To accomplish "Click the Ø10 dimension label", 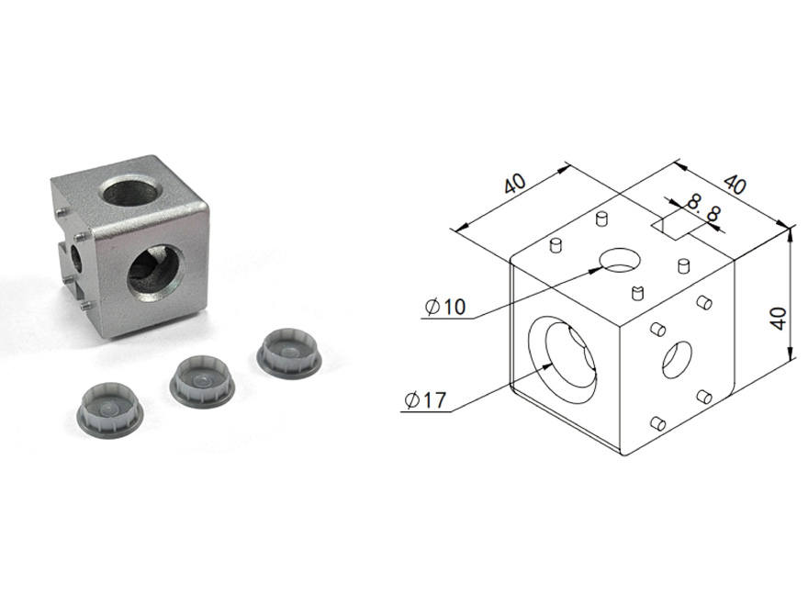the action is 445,307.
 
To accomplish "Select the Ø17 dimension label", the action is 425,400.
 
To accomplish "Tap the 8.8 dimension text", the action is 703,208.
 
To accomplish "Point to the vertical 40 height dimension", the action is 780,319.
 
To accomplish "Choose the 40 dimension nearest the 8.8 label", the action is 735,184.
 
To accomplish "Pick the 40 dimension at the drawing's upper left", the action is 515,184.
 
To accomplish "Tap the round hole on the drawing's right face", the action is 677,359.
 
